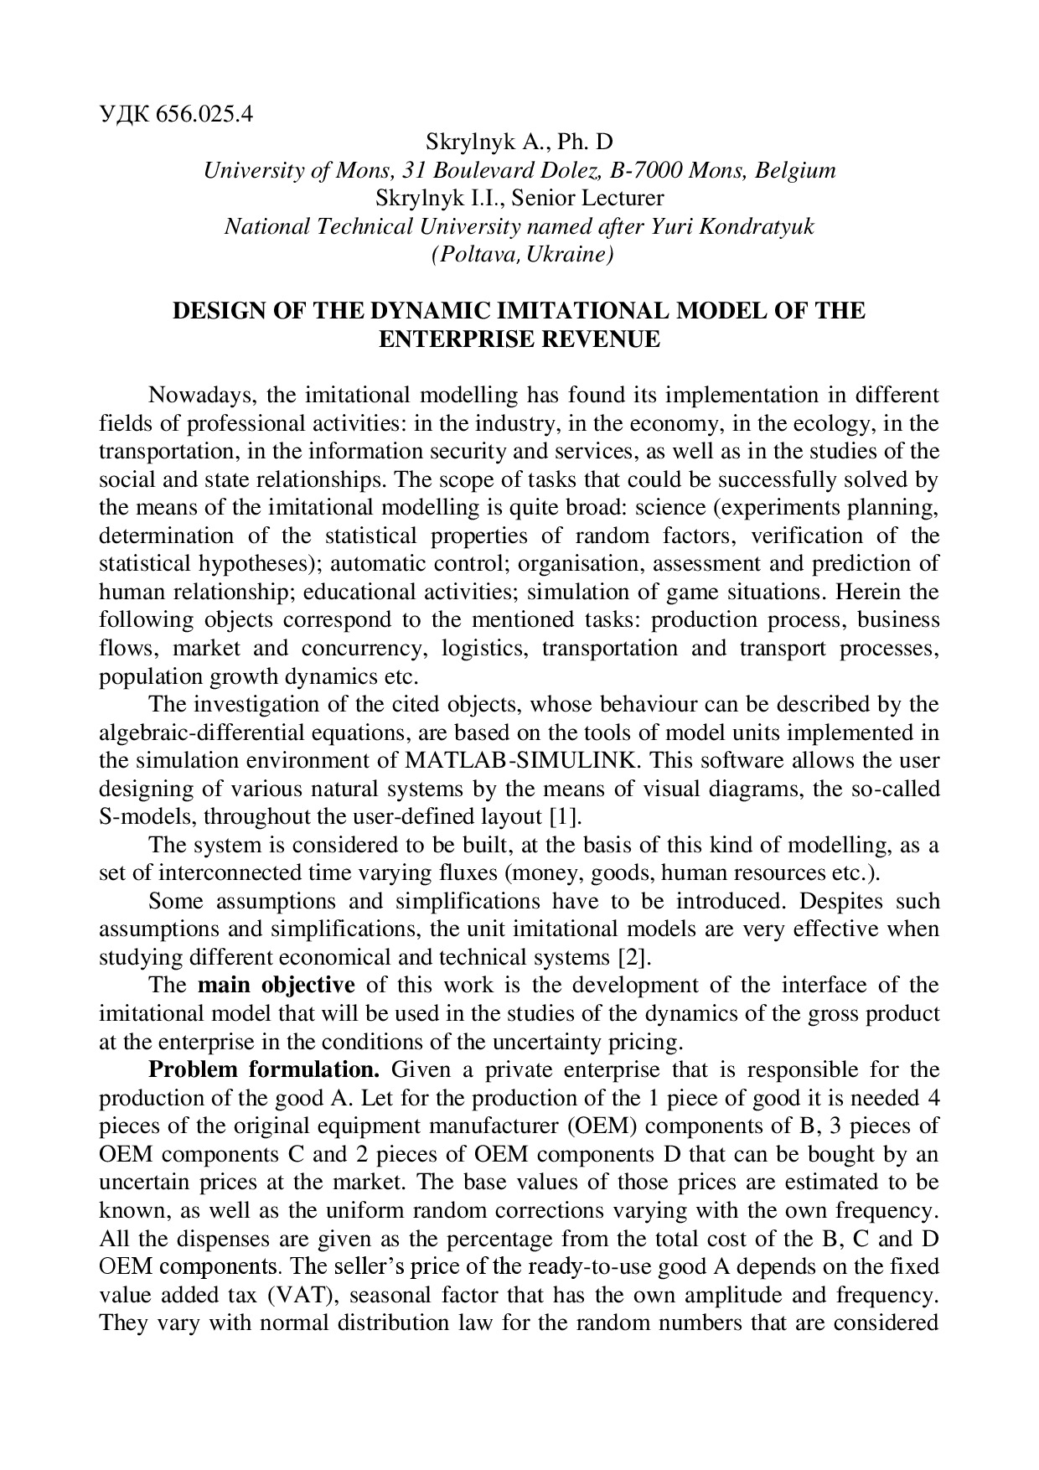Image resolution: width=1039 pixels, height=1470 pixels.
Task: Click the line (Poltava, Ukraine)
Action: [522, 255]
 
